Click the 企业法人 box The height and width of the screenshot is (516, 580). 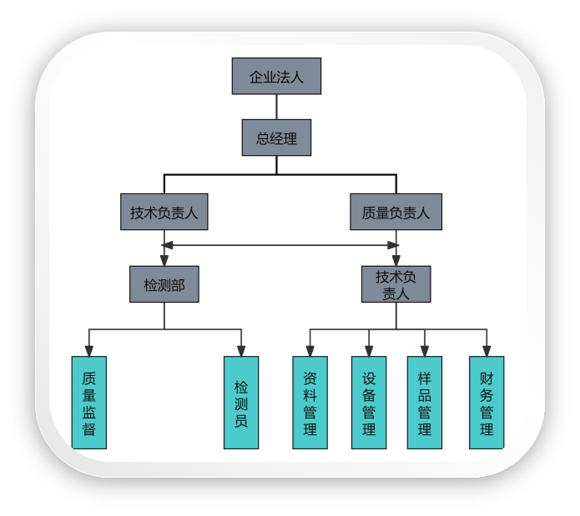tap(276, 77)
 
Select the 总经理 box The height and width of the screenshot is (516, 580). tap(276, 138)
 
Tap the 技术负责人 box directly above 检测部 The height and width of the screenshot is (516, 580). tap(164, 213)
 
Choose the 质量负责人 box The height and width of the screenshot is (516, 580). tap(396, 213)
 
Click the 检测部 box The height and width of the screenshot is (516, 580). tap(164, 284)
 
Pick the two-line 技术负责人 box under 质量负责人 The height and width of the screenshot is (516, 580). tap(396, 284)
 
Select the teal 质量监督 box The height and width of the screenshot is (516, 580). tap(89, 403)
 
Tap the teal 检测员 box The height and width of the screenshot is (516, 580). tap(241, 403)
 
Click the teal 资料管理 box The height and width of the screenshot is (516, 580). tap(310, 403)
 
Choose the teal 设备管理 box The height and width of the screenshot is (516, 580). tap(369, 403)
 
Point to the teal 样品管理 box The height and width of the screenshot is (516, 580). tap(425, 403)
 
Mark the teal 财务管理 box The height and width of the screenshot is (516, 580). tap(487, 403)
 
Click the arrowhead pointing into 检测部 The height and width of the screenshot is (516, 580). tap(164, 260)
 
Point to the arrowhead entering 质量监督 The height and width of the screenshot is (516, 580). tap(89, 351)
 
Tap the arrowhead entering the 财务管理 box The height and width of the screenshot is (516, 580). tap(487, 351)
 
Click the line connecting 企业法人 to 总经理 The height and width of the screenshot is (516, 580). tap(276, 107)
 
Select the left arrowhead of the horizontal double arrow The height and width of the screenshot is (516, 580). tap(169, 245)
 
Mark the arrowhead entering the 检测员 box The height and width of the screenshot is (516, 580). tap(241, 351)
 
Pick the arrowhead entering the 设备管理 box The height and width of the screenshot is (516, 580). tap(369, 351)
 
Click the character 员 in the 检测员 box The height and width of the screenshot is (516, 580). tap(241, 421)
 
